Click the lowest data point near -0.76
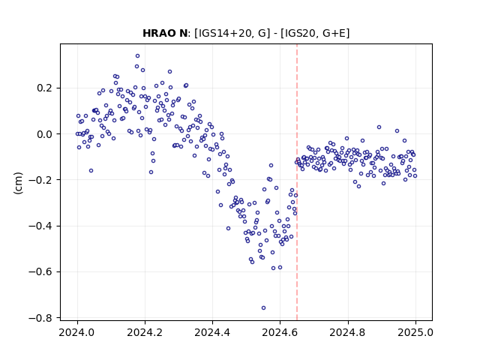coord(263,308)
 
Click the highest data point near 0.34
coord(138,56)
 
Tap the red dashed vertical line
coord(297,181)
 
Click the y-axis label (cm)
coord(18,183)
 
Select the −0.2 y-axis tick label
coord(42,180)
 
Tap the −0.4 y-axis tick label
coord(42,226)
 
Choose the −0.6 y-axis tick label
coord(42,271)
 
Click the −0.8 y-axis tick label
coord(42,318)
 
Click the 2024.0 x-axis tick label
coord(77,332)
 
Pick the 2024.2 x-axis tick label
coord(145,332)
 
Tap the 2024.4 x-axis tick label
coord(212,332)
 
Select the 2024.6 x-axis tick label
coord(280,332)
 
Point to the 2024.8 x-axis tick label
coord(348,332)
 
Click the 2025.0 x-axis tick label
coord(415,332)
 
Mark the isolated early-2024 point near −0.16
coord(91,171)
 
